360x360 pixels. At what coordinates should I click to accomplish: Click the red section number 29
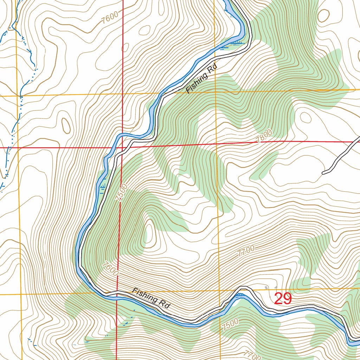click(283, 298)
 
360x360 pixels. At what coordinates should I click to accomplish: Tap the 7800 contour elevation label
click(264, 136)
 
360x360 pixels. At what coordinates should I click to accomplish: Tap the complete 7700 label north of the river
click(246, 252)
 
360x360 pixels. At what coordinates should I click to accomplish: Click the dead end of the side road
click(323, 173)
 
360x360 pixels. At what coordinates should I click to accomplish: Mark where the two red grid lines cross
click(122, 147)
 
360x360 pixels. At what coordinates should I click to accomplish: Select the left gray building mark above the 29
click(266, 288)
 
